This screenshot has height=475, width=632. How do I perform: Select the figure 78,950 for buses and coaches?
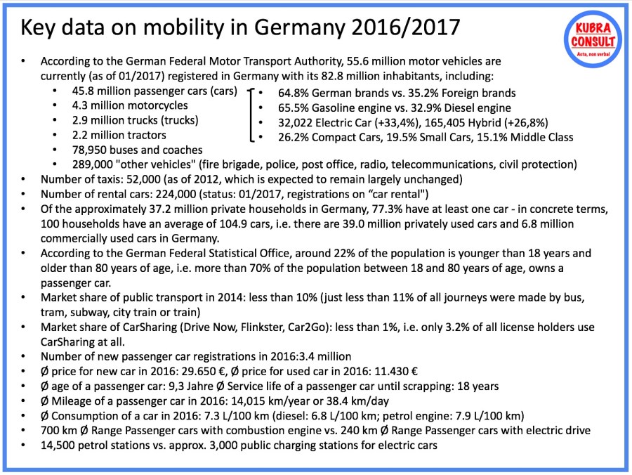click(88, 150)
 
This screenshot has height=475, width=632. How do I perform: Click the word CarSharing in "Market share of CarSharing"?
click(154, 327)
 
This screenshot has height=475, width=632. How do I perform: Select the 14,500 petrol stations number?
click(59, 445)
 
